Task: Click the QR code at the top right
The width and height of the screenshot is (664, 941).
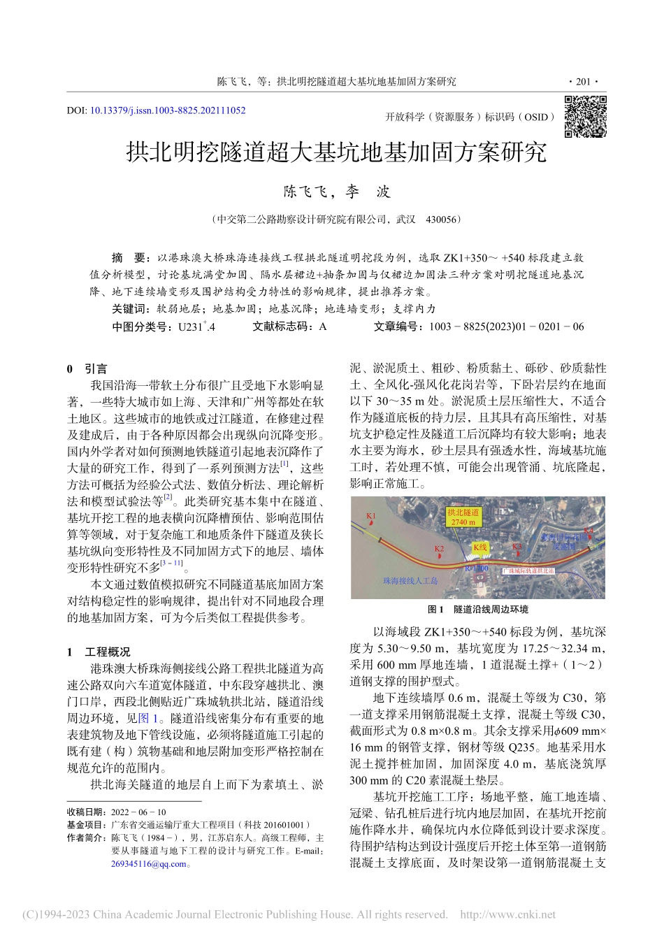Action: pos(585,117)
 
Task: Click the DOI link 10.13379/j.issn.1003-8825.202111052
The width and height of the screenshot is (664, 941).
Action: pos(168,110)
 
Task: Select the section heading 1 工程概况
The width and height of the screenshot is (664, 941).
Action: pos(99,652)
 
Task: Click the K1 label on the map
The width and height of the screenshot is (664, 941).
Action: pos(371,516)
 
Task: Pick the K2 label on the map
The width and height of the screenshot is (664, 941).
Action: pos(439,549)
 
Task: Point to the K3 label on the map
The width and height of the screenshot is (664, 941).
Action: pos(517,547)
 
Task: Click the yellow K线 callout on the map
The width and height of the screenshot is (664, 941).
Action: pos(479,547)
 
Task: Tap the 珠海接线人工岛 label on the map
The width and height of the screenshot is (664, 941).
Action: pos(410,580)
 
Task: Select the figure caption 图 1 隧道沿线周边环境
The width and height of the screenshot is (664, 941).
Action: pos(477,610)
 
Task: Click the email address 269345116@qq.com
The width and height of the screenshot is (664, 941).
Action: pos(149,863)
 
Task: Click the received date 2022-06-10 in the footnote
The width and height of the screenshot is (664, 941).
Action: pos(138,812)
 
